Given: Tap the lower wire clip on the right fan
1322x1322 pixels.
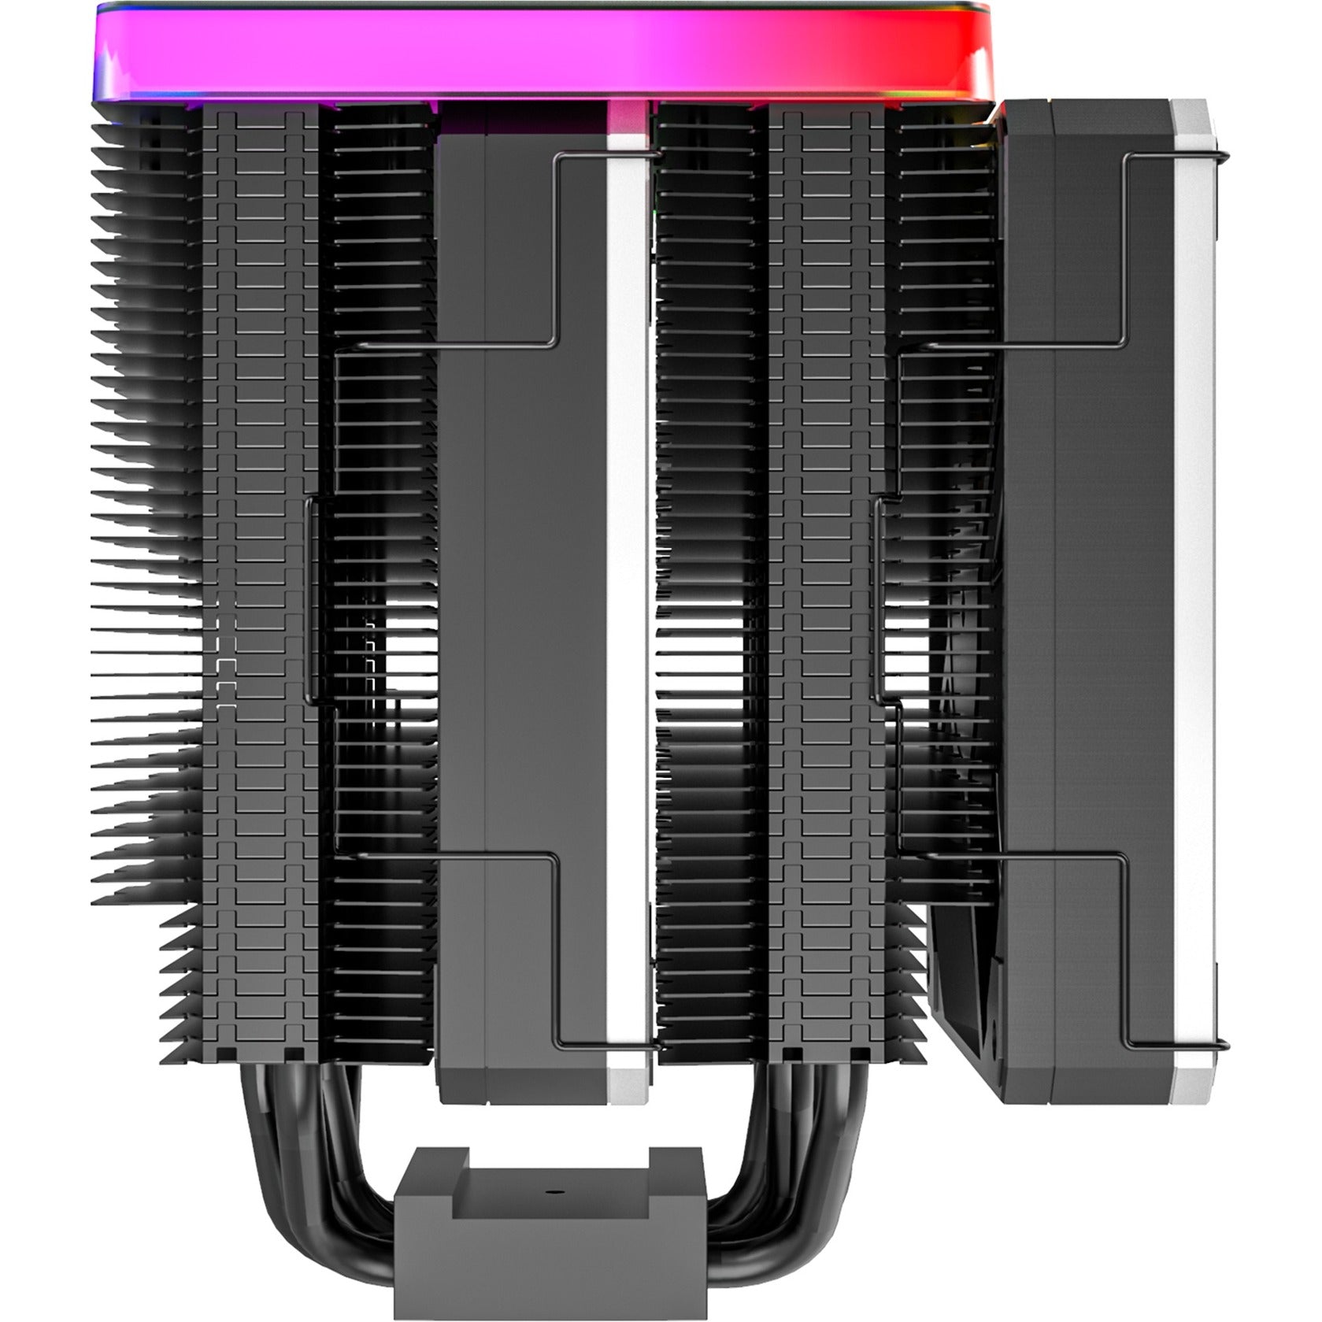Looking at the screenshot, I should pos(1126,945).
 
